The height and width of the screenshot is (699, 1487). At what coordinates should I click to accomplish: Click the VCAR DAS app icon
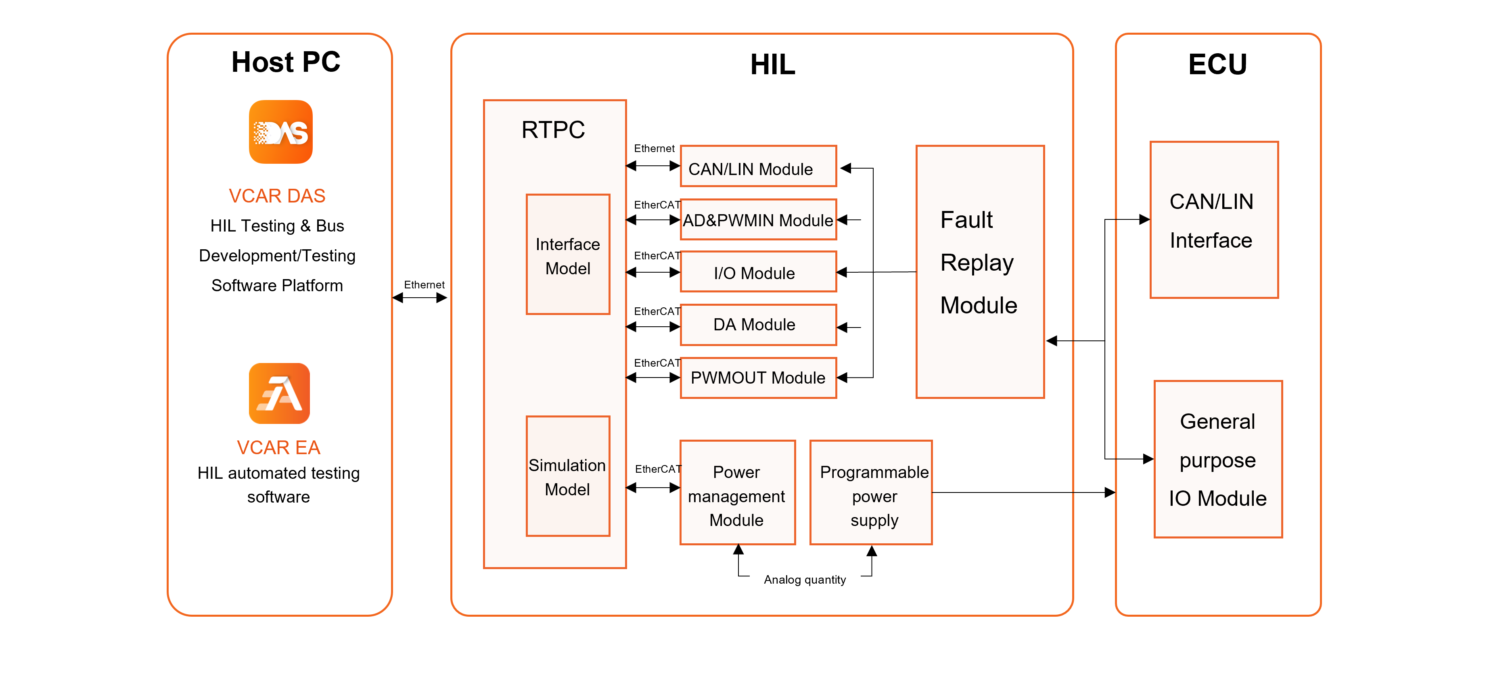click(x=280, y=131)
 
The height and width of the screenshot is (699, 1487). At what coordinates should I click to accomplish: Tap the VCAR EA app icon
click(x=279, y=393)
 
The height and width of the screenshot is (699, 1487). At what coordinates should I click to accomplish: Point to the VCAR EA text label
click(x=278, y=447)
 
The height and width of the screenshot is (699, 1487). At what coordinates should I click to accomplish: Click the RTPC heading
click(x=553, y=130)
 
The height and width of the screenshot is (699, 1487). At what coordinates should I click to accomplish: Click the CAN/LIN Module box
click(x=758, y=166)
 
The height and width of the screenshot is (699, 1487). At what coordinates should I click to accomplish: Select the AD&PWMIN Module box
click(x=758, y=219)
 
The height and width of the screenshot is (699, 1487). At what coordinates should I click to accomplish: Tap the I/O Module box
click(x=758, y=272)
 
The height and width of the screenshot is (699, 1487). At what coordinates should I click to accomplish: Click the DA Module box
click(x=758, y=324)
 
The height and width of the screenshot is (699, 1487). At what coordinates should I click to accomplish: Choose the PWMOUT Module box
click(x=758, y=378)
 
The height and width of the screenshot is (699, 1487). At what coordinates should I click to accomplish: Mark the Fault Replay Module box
click(x=980, y=271)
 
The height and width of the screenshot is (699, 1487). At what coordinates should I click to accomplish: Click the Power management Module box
click(x=737, y=492)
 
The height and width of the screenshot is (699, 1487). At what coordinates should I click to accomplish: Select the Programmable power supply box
click(x=870, y=492)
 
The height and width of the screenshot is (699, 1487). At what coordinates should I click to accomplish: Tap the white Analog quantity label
click(x=805, y=579)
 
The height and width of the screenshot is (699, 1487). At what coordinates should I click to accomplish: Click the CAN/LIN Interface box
click(x=1214, y=220)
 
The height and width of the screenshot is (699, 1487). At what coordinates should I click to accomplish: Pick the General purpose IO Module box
click(x=1218, y=459)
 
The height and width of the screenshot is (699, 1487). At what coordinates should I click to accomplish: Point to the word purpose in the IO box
click(x=1217, y=461)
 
